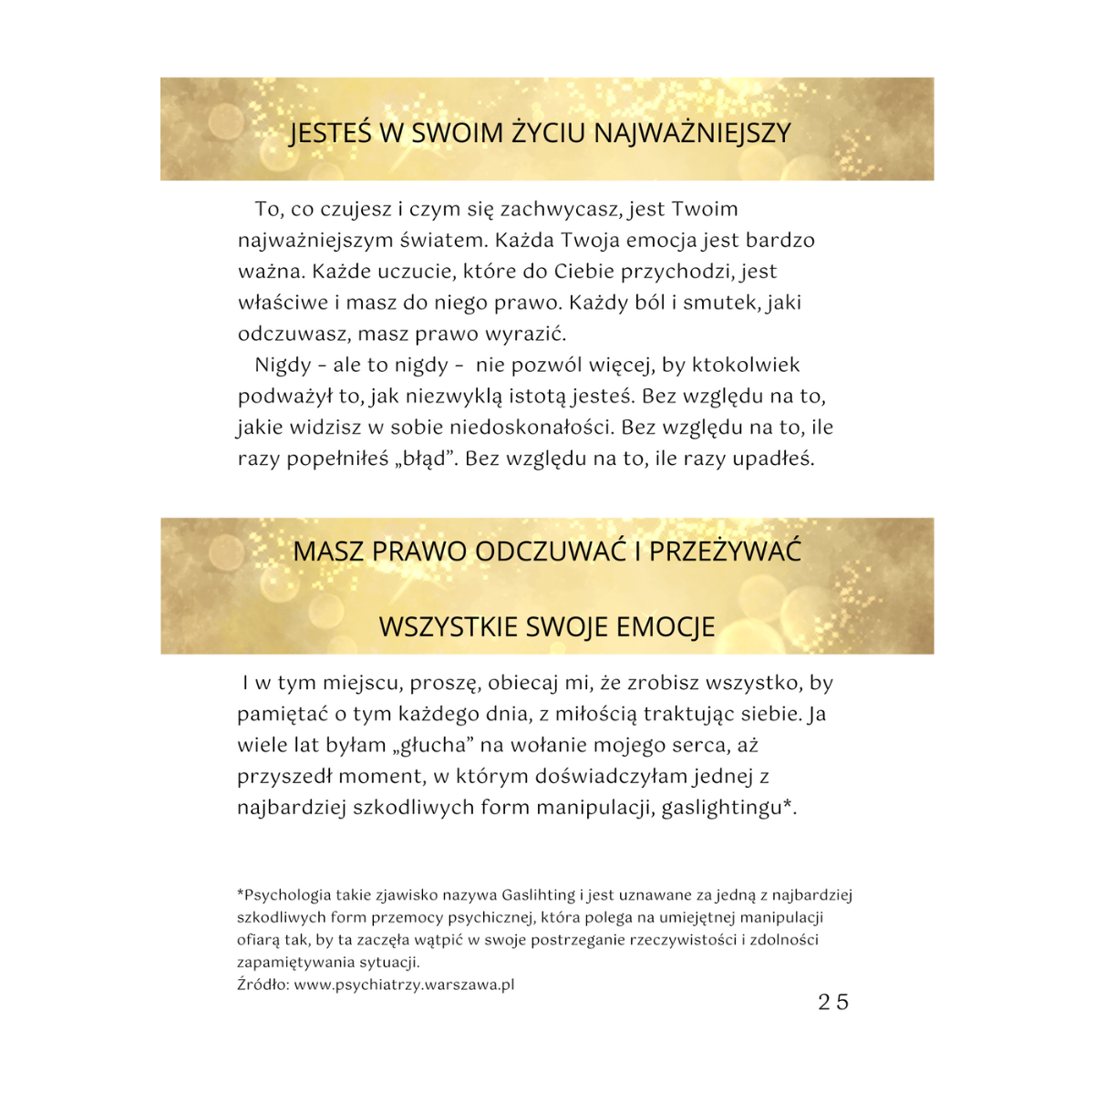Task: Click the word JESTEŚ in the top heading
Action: [x=330, y=133]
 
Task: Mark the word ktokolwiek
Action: [x=746, y=366]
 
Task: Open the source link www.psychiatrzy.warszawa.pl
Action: [x=404, y=985]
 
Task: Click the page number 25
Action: [x=833, y=1003]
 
